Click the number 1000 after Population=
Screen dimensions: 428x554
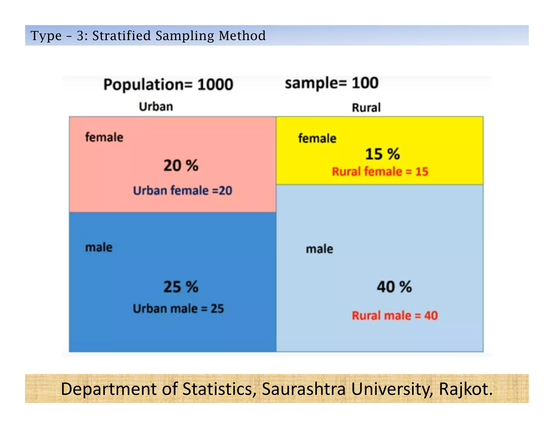215,84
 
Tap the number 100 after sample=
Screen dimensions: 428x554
365,83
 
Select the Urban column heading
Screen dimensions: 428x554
156,107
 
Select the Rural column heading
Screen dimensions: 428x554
366,108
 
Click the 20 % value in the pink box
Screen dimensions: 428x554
181,165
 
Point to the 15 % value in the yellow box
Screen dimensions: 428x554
382,154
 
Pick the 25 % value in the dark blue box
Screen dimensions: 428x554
181,287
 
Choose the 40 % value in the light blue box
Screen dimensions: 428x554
394,287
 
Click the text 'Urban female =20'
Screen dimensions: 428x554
183,190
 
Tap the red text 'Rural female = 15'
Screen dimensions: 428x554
380,172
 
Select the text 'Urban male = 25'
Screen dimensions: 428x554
178,308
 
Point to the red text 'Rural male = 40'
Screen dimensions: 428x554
395,315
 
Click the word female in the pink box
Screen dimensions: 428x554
104,137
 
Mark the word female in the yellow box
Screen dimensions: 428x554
317,139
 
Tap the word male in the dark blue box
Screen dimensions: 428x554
99,247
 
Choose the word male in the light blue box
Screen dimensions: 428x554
319,249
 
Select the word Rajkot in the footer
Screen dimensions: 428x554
465,389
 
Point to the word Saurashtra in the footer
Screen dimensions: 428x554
304,389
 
